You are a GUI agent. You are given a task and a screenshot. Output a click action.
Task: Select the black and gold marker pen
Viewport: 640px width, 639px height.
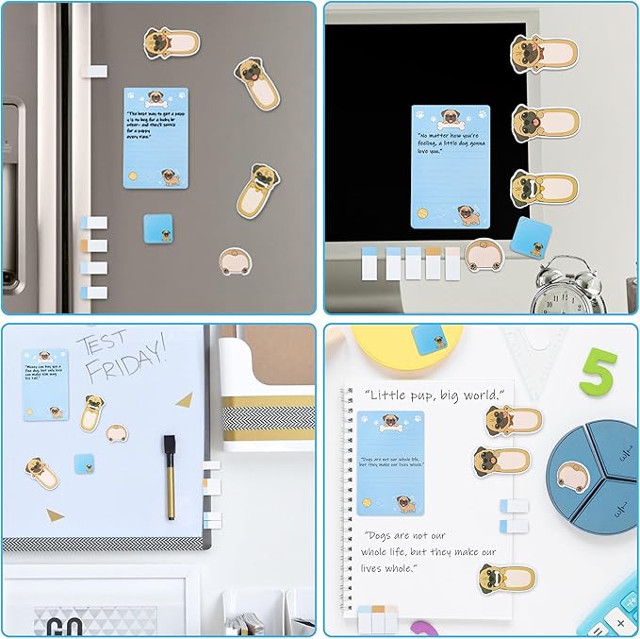coord(171,476)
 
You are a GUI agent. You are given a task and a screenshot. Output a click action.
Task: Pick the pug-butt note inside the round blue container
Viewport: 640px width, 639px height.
coord(574,476)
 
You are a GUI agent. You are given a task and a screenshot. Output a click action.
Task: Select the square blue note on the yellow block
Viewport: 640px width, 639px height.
coord(429,337)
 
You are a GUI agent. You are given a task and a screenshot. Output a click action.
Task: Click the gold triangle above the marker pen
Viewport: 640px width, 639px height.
coord(183,400)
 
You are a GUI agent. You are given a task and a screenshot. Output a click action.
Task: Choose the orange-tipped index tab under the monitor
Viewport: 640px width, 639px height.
coord(433,262)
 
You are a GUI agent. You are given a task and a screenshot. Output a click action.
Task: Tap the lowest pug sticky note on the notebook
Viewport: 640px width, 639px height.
coord(505,577)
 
